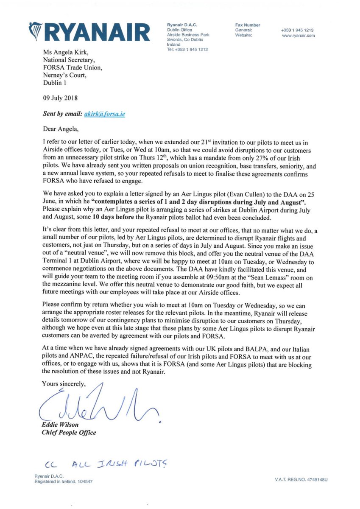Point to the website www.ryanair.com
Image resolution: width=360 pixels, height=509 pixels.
(298, 36)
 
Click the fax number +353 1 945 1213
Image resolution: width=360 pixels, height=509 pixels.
(297, 31)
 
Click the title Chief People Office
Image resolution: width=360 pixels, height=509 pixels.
(69, 433)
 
